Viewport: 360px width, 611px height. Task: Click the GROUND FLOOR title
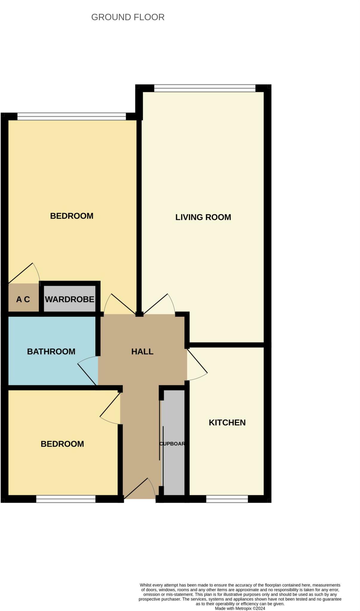[128, 17]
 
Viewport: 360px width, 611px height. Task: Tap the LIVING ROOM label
[203, 217]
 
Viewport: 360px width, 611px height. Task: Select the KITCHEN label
[227, 422]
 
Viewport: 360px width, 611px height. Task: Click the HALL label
[142, 351]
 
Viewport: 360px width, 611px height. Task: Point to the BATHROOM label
[51, 351]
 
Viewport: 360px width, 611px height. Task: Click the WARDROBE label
[70, 299]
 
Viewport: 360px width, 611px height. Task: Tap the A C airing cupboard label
[23, 299]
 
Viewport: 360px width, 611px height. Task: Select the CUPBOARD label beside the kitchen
[172, 444]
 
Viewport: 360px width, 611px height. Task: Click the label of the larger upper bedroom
[72, 216]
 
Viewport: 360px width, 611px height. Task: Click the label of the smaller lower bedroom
[62, 444]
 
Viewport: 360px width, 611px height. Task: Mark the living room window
[205, 88]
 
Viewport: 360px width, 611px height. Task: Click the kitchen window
[227, 499]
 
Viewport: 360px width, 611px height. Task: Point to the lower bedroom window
[66, 499]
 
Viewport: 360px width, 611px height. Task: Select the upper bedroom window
[72, 117]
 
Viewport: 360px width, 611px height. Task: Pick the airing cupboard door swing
[25, 273]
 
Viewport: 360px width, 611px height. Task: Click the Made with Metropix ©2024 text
[240, 608]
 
